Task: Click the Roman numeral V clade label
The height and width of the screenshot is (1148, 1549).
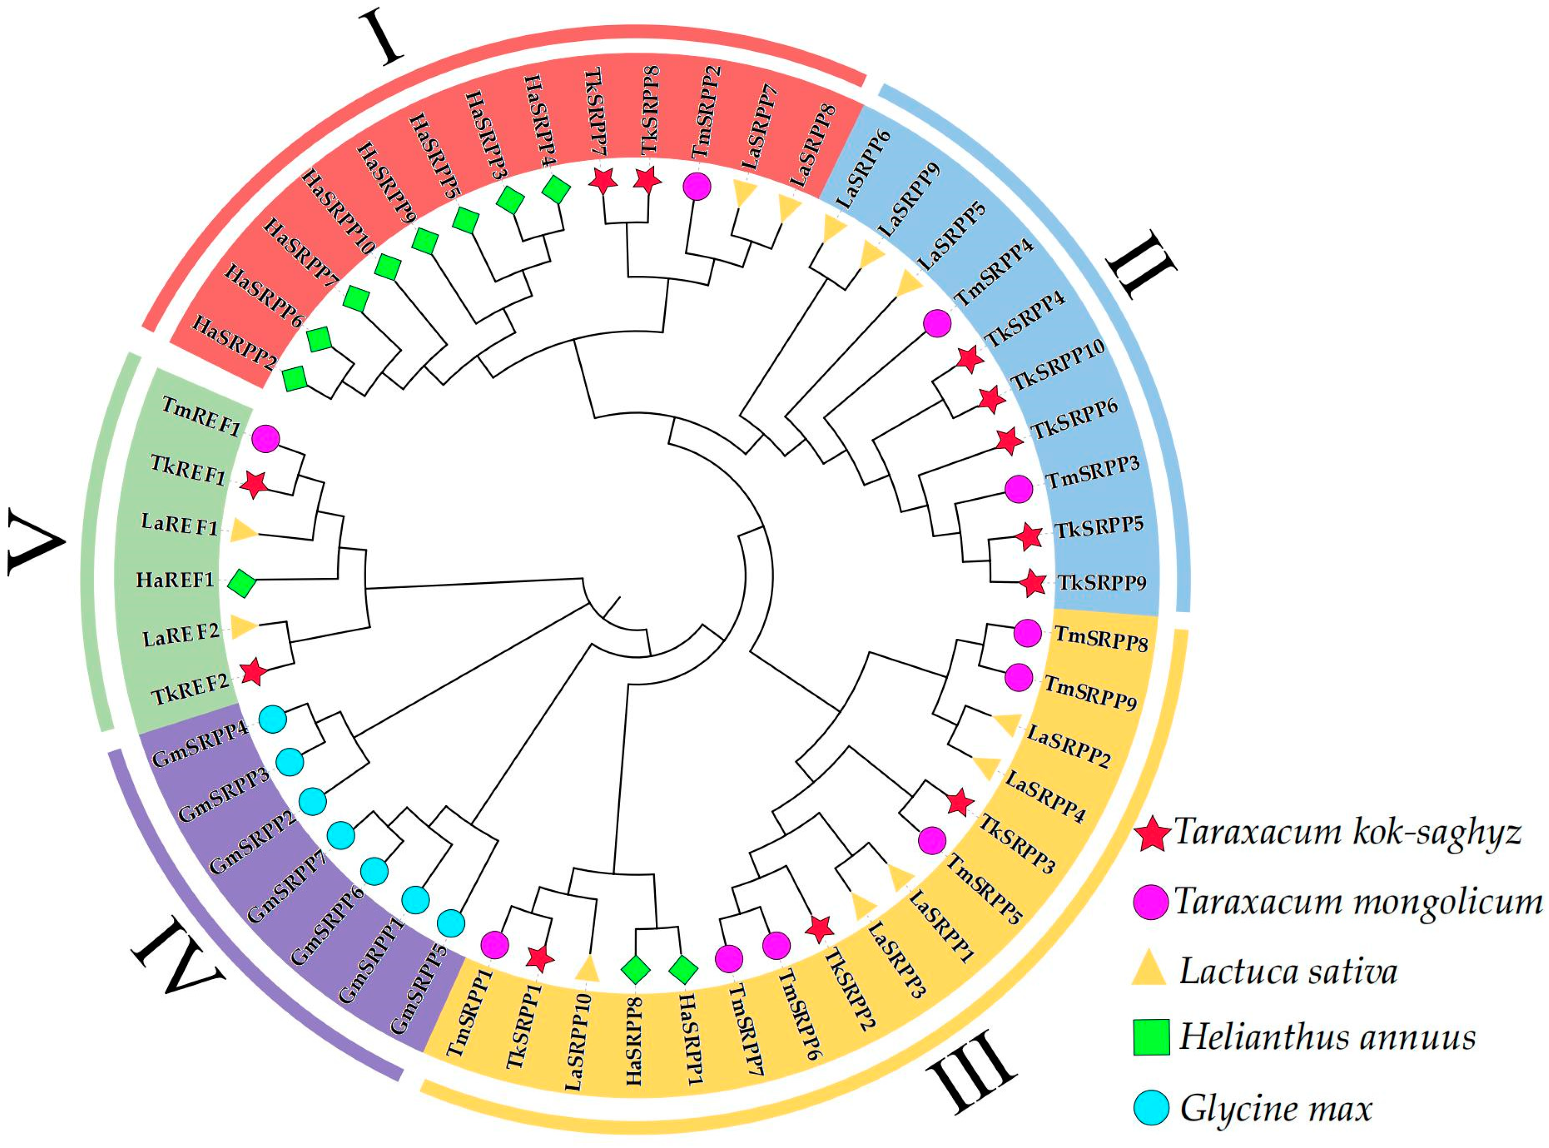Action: tap(35, 542)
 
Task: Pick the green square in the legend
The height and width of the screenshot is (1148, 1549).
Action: tap(1152, 1037)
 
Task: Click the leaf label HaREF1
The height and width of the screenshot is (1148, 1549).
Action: tap(175, 579)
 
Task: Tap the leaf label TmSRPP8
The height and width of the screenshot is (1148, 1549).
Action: tap(1101, 638)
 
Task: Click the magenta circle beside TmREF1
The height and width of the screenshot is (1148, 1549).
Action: tap(265, 439)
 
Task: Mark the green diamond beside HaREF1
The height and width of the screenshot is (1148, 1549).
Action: tap(243, 582)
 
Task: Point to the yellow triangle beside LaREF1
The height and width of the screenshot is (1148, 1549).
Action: tap(243, 532)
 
